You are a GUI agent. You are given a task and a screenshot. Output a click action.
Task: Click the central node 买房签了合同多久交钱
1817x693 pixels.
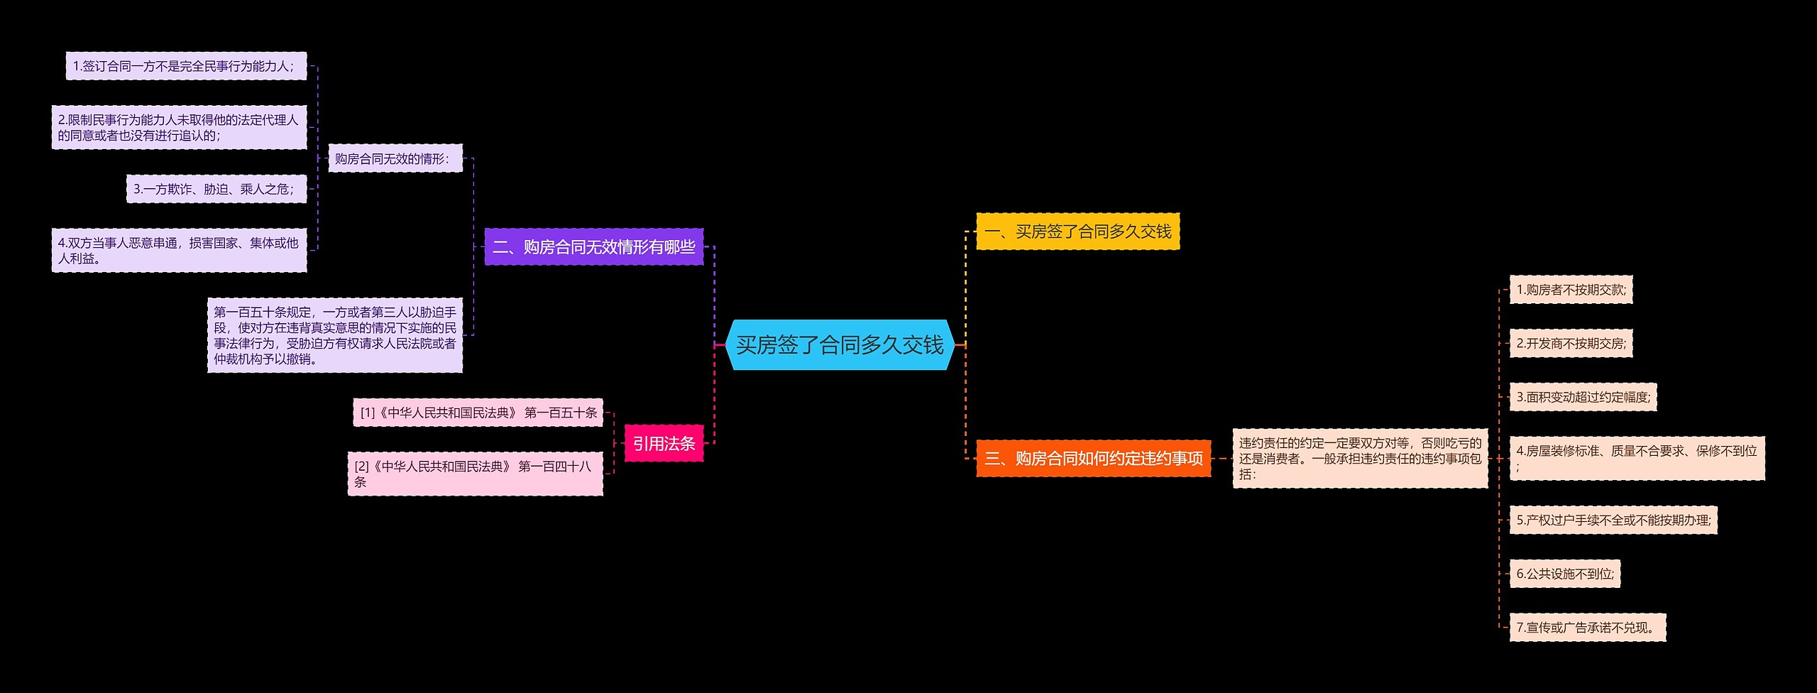click(840, 345)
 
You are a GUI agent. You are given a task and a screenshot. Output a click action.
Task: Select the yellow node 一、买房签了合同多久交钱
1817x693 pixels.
click(1077, 231)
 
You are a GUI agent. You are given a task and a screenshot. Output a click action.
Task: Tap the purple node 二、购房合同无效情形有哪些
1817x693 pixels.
click(593, 247)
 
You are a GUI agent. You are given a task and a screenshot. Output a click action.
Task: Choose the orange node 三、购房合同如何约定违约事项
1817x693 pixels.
click(1093, 459)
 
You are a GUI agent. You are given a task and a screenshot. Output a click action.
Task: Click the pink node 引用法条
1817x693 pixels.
click(664, 444)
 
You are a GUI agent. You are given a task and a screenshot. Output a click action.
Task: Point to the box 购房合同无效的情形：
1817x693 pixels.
click(395, 158)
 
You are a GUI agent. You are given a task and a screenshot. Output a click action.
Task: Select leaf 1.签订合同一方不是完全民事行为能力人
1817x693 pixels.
click(186, 66)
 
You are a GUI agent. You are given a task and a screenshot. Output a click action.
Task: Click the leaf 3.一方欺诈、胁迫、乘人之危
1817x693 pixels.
click(216, 189)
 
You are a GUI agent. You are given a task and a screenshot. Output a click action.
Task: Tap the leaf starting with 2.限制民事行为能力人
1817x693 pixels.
click(179, 128)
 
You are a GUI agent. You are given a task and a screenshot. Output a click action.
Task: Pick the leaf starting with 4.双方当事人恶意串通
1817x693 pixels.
click(179, 250)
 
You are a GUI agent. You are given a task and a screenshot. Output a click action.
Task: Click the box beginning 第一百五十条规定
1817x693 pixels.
click(335, 335)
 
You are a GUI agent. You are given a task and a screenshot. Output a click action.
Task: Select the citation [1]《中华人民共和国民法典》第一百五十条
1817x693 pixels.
click(478, 413)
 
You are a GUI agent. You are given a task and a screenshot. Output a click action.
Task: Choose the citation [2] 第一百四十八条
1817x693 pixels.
click(475, 474)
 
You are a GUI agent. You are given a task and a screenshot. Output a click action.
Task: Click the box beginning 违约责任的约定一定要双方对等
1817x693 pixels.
click(1360, 459)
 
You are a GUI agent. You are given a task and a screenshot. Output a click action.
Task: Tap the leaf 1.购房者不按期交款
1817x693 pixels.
click(1571, 290)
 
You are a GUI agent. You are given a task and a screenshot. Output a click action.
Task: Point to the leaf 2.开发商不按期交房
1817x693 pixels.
click(1571, 344)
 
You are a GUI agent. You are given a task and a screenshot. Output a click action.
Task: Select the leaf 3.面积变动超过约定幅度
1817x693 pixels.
click(1583, 397)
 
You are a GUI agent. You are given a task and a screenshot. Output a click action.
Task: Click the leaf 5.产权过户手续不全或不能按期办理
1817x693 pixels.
click(1613, 520)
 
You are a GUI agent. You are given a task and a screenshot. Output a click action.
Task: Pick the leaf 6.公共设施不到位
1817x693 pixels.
click(1564, 574)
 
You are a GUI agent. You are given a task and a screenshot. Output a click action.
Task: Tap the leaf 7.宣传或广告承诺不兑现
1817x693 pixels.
click(1587, 628)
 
